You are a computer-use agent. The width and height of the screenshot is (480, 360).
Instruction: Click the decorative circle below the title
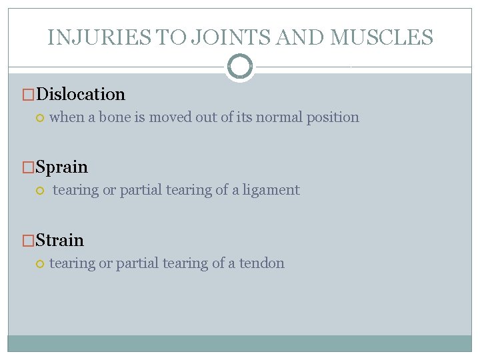[x=240, y=67]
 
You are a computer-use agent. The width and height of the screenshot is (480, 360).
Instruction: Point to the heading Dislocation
[x=80, y=94]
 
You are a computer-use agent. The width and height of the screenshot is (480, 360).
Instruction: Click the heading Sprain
[x=61, y=167]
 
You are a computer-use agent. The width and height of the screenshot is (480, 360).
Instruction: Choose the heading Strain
[x=59, y=240]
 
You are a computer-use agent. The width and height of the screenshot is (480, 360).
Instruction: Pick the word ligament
[x=271, y=190]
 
